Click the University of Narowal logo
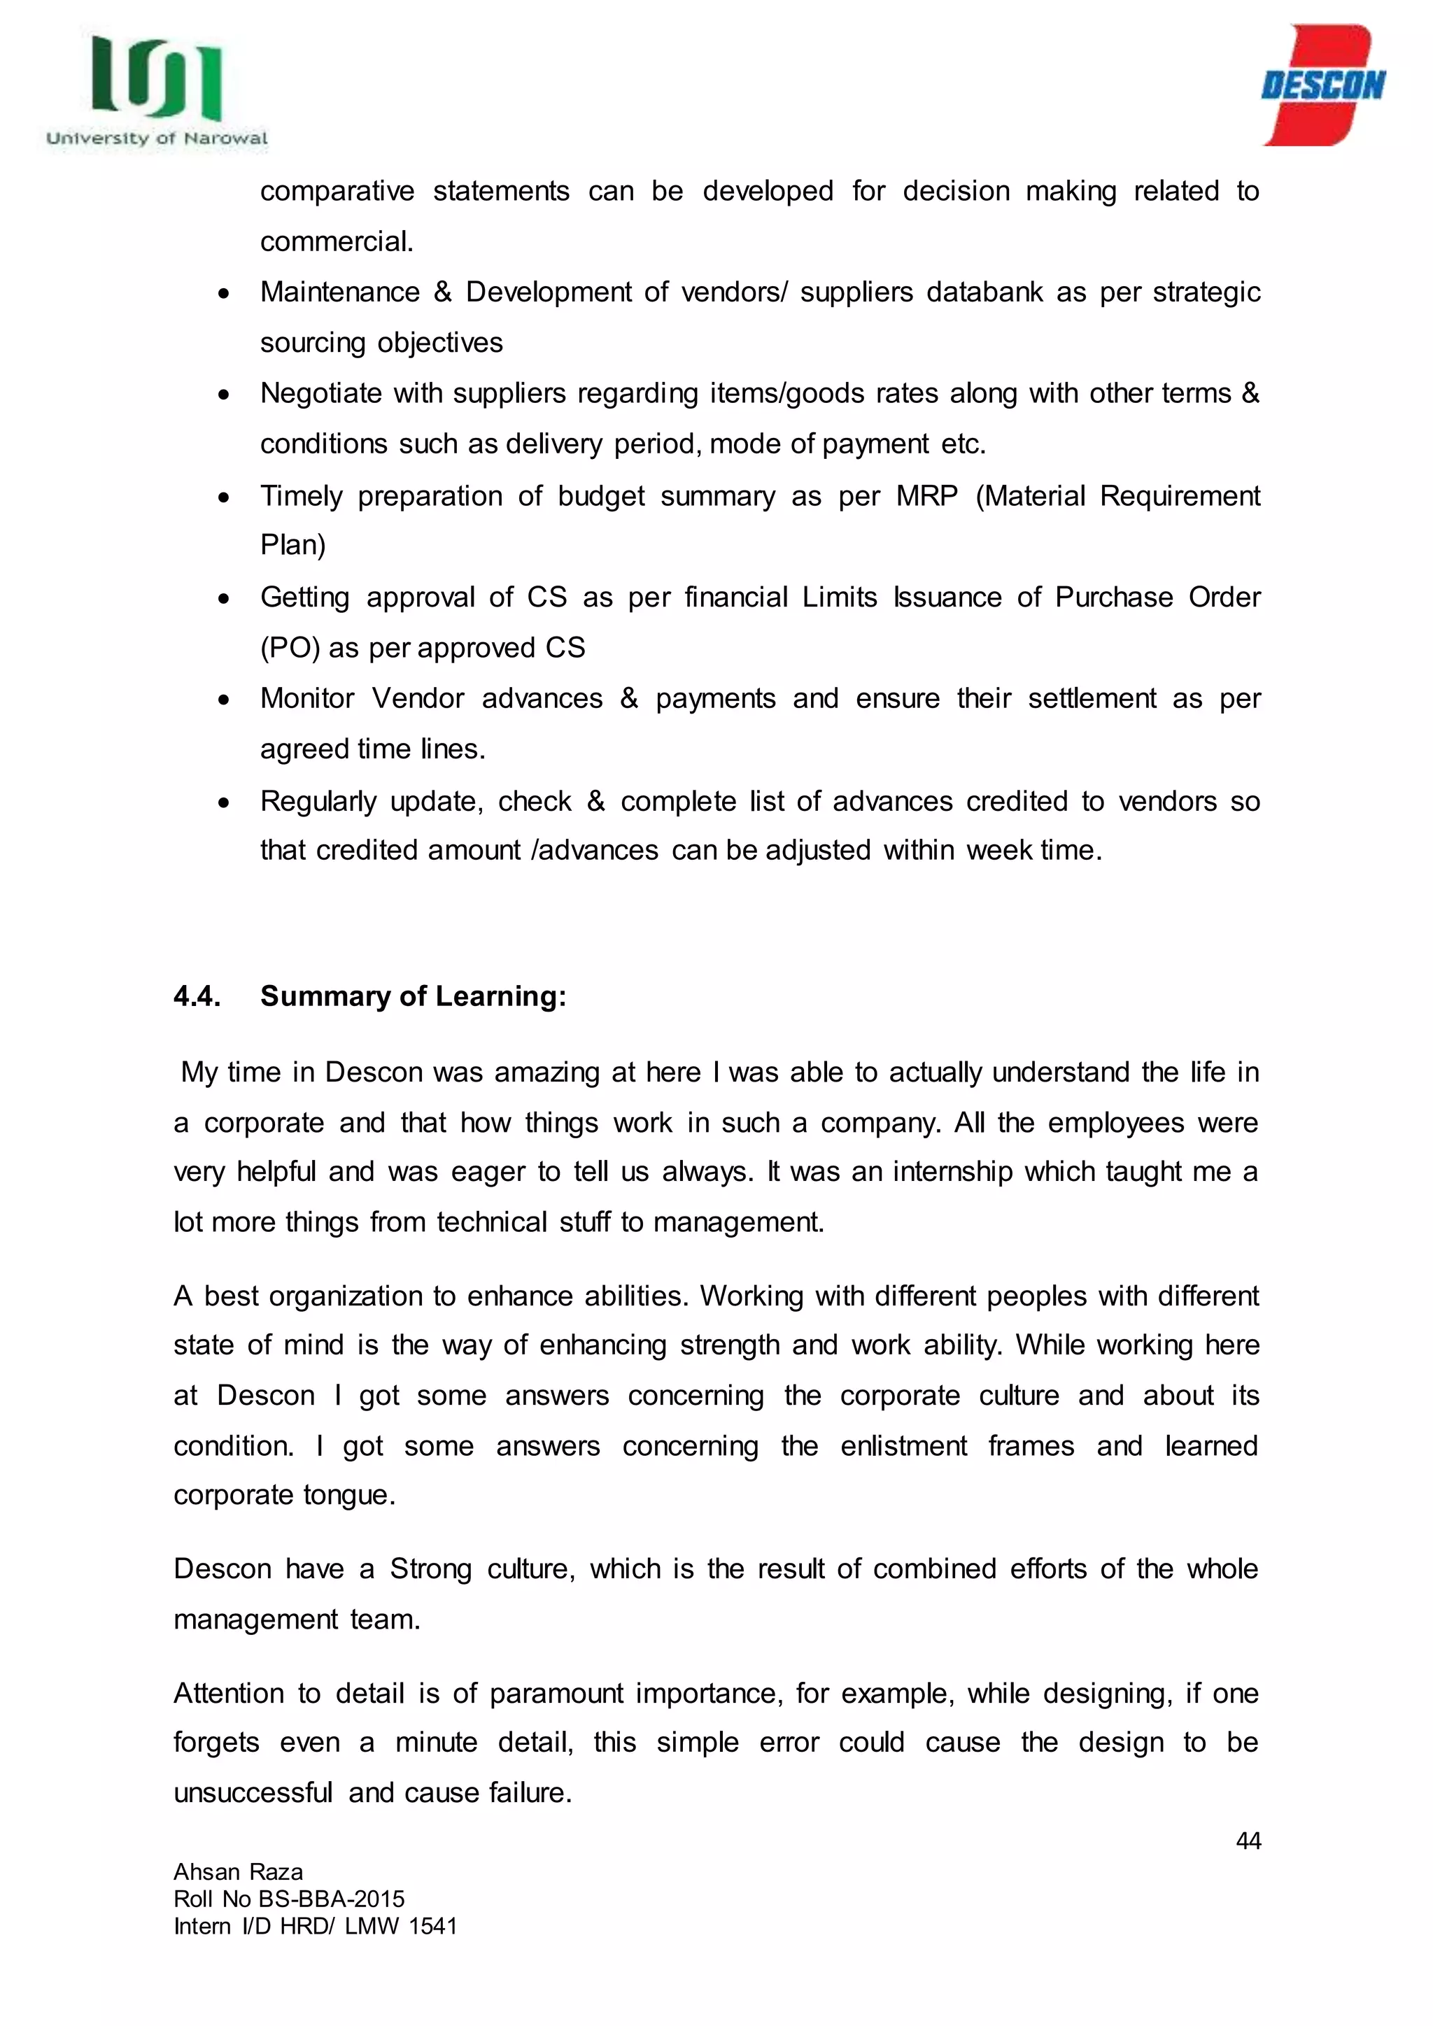[157, 91]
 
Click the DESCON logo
[1322, 85]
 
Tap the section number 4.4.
[197, 996]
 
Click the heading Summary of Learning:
[413, 996]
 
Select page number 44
[1248, 1841]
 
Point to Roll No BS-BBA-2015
[288, 1899]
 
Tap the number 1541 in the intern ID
[432, 1926]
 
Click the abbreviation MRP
[926, 496]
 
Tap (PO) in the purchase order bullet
[290, 649]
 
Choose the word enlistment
[903, 1446]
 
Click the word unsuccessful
[253, 1793]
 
